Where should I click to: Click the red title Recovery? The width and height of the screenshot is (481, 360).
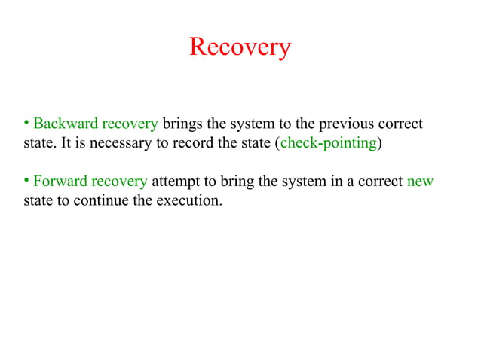coord(240,47)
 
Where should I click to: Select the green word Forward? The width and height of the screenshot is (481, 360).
coord(60,182)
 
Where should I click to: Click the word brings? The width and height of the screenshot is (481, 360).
coord(182,124)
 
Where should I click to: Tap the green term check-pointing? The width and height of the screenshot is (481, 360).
coord(328,143)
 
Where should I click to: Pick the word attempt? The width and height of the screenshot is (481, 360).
coord(177,182)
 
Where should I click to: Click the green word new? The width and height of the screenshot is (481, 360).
coord(420,182)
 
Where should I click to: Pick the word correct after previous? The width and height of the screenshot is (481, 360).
coord(400,124)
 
